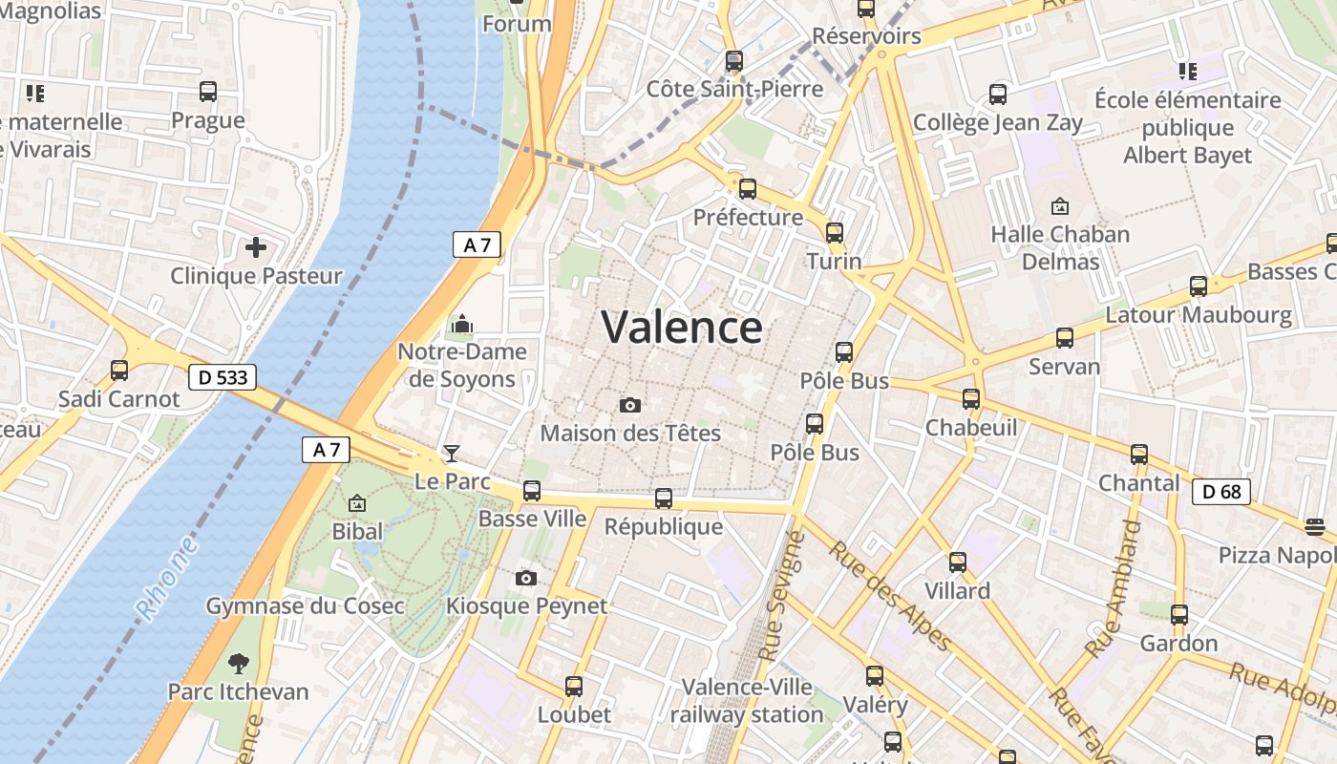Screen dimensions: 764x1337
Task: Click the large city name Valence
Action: pyautogui.click(x=682, y=328)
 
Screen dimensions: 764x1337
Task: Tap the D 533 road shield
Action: pyautogui.click(x=223, y=377)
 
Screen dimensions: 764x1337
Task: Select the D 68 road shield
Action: pyautogui.click(x=1221, y=492)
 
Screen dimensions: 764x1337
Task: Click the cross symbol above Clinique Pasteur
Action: pyautogui.click(x=255, y=248)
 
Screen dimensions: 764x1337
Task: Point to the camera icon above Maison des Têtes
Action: pyautogui.click(x=629, y=406)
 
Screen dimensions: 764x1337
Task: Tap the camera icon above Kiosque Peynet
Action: pyautogui.click(x=525, y=579)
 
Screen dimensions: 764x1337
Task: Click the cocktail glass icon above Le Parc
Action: pyautogui.click(x=452, y=454)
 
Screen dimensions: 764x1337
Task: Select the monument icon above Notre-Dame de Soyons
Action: pyautogui.click(x=462, y=325)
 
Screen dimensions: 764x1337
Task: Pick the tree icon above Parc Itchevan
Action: pyautogui.click(x=238, y=664)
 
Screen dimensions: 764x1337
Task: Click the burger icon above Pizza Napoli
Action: pyautogui.click(x=1314, y=527)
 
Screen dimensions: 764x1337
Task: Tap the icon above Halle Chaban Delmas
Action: pyautogui.click(x=1059, y=206)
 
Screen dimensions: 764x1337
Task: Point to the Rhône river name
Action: pyautogui.click(x=168, y=579)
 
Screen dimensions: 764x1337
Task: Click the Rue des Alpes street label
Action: pyautogui.click(x=889, y=595)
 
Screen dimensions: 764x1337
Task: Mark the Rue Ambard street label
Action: pyautogui.click(x=1114, y=589)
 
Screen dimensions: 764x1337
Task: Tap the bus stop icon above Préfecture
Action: pyautogui.click(x=748, y=189)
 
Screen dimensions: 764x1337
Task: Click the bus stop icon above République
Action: pyautogui.click(x=664, y=499)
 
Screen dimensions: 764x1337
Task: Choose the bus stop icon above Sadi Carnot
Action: pyautogui.click(x=119, y=371)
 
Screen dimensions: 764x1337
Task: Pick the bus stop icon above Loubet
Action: pyautogui.click(x=574, y=687)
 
